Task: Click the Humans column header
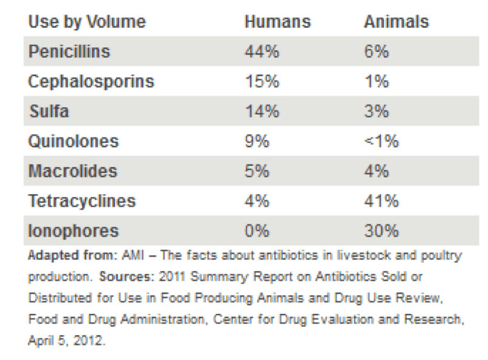[x=277, y=22]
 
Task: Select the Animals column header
[x=396, y=22]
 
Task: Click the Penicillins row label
[x=70, y=51]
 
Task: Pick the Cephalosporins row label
[x=91, y=81]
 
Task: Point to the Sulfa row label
[x=48, y=111]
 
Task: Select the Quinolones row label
[x=73, y=141]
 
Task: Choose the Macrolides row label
[x=73, y=171]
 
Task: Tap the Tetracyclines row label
[x=82, y=201]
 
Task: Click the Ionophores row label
[x=73, y=231]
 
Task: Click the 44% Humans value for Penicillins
[x=262, y=51]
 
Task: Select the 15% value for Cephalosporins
[x=262, y=81]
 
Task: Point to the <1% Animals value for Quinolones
[x=381, y=141]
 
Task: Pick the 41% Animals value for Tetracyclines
[x=381, y=201]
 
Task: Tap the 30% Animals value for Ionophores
[x=381, y=231]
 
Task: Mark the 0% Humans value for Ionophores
[x=257, y=231]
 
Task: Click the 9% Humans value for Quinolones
[x=257, y=141]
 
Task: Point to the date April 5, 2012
[x=66, y=341]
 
